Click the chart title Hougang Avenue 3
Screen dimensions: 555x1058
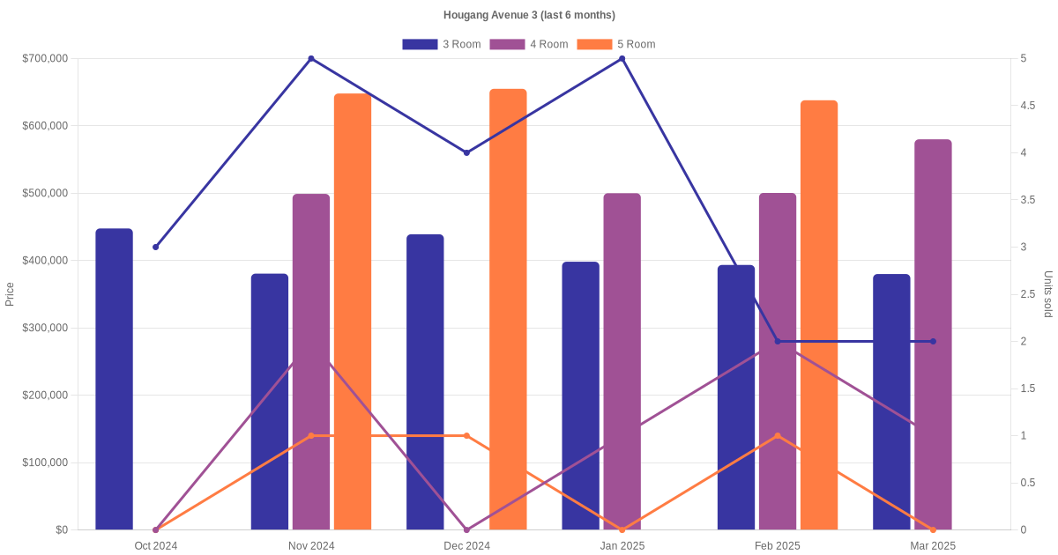[529, 15]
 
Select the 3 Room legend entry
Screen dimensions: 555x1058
[441, 44]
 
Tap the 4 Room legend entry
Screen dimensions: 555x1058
[528, 44]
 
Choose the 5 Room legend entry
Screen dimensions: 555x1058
[615, 44]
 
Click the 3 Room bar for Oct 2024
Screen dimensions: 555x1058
[114, 379]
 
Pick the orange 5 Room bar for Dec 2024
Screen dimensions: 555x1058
[508, 309]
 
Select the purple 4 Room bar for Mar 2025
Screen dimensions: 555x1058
[933, 335]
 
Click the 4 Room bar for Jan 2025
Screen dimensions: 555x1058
[622, 361]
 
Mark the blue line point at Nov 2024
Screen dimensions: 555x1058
[311, 59]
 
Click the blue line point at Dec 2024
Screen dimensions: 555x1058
[466, 152]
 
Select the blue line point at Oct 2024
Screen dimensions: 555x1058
[156, 247]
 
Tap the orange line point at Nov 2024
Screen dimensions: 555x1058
[311, 435]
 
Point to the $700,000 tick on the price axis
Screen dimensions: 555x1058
[45, 59]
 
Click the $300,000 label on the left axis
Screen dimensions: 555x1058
[45, 328]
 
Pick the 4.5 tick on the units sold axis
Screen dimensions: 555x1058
[1027, 106]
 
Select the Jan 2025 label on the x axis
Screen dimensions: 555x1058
[622, 546]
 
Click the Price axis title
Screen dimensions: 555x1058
[10, 294]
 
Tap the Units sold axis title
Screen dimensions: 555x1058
[1048, 294]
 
